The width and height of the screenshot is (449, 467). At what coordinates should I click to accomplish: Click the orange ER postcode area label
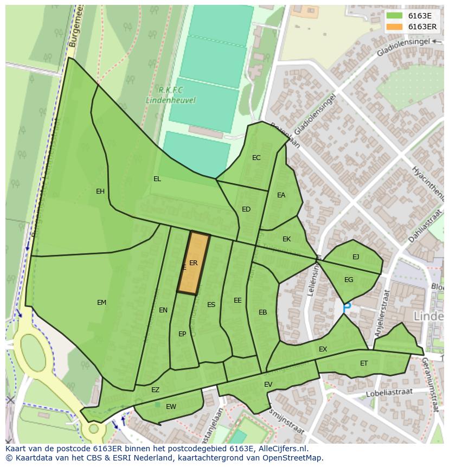click(193, 263)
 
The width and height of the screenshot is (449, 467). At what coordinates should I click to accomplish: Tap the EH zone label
click(100, 191)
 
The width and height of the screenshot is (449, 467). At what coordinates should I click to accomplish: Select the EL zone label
click(157, 179)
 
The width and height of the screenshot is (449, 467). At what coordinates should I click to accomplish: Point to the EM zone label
click(101, 303)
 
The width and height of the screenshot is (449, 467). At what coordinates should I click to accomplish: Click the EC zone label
click(256, 158)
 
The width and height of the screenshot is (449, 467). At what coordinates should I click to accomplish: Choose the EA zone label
click(281, 195)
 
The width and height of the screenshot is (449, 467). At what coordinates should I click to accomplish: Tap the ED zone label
click(246, 209)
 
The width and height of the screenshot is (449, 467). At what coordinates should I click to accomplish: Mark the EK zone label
click(286, 239)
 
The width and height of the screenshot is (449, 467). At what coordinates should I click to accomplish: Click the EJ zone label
click(356, 257)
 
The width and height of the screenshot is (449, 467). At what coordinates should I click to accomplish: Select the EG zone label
click(349, 280)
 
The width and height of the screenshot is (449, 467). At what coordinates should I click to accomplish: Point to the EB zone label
click(263, 312)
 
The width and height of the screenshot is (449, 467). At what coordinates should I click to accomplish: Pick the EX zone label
click(323, 349)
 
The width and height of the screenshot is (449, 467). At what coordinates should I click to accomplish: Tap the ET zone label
click(364, 363)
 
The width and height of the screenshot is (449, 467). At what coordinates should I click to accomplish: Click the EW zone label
click(171, 407)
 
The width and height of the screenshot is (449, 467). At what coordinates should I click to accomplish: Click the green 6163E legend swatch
click(394, 16)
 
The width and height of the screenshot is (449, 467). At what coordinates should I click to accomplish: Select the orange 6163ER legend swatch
click(394, 27)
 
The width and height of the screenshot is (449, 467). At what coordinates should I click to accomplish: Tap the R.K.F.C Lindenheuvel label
click(170, 95)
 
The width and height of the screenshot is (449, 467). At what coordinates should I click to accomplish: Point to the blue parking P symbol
click(347, 307)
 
